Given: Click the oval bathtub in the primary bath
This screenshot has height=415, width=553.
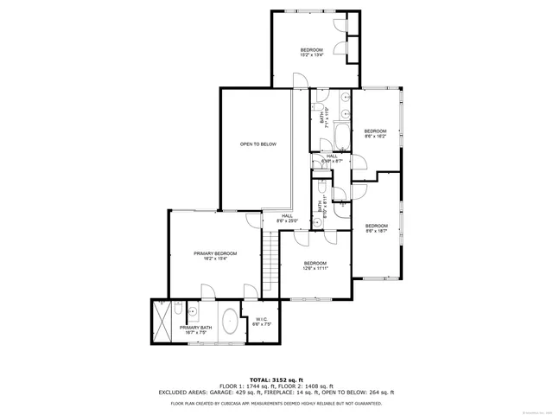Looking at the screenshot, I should pos(231,322).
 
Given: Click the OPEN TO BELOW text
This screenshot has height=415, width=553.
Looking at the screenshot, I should pos(258,144).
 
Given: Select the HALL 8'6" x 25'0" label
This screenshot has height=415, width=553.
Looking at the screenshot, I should pos(286,219).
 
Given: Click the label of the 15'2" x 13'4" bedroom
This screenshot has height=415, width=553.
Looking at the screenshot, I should pos(312,52).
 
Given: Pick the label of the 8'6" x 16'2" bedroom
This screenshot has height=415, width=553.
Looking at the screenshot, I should pos(375,133).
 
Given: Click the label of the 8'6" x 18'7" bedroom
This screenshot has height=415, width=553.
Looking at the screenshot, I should pos(376,227).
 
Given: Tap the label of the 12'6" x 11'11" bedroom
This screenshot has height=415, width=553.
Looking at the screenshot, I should pos(315,265).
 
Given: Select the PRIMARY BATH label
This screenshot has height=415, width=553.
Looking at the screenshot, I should pos(195,329).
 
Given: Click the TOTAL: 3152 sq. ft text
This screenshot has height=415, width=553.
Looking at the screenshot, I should pos(276,380).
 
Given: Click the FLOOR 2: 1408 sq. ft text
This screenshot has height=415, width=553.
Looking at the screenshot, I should pos(313,386).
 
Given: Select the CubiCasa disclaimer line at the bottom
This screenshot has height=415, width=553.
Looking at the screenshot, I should pos(276,403).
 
